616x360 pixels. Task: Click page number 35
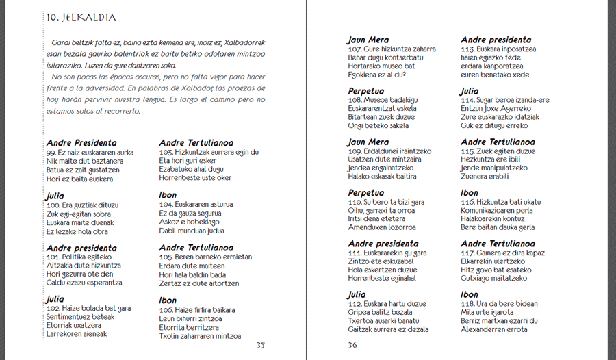[260, 345]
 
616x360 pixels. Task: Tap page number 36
[352, 345]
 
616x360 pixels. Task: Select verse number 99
[51, 152]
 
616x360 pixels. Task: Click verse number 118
[468, 304]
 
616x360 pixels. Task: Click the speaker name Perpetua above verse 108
[366, 91]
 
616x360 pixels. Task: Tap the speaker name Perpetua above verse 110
[366, 193]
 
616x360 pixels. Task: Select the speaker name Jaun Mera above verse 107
[368, 40]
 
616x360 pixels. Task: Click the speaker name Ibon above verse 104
[168, 195]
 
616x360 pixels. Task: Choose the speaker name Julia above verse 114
[470, 91]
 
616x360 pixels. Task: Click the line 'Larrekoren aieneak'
[77, 334]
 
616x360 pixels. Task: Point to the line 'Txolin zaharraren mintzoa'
[200, 336]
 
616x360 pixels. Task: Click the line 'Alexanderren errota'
[494, 329]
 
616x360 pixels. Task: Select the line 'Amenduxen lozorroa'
[382, 227]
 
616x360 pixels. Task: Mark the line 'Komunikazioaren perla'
[497, 211]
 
